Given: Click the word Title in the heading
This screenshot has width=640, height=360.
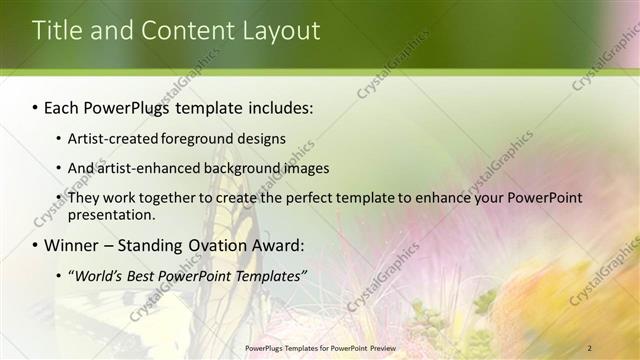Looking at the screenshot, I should [55, 31].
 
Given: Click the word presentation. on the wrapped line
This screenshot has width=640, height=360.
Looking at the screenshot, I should [111, 214].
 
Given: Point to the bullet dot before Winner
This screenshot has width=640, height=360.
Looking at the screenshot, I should [36, 245].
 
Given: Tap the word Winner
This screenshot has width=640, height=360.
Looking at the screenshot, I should [72, 245].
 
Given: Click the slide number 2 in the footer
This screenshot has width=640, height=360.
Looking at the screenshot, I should [589, 347].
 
